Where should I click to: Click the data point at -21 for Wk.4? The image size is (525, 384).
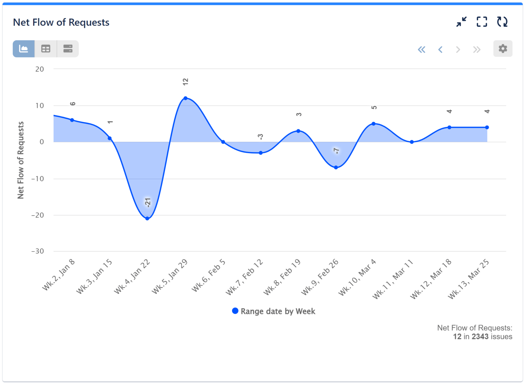(x=147, y=218)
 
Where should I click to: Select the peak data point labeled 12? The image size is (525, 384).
(x=185, y=98)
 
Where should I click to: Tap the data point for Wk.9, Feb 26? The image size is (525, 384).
(x=336, y=168)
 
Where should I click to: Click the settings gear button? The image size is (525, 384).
(x=503, y=49)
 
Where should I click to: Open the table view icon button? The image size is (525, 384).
(x=46, y=49)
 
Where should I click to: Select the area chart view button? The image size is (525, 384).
(x=24, y=49)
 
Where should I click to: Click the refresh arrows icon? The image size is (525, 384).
(x=502, y=22)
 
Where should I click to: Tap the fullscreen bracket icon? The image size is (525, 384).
(x=482, y=22)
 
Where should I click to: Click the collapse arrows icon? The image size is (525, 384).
(x=461, y=22)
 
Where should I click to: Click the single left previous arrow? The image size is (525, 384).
(x=440, y=50)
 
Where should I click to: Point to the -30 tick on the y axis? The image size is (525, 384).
(x=38, y=251)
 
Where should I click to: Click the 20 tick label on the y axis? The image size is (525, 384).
(x=40, y=69)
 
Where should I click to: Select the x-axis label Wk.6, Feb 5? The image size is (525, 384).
(x=209, y=275)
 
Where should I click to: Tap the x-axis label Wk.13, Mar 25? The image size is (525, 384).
(x=469, y=279)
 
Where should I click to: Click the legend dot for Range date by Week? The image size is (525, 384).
(x=235, y=311)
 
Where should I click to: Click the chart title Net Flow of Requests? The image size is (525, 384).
(x=61, y=22)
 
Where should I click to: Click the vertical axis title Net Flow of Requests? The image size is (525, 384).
(x=21, y=160)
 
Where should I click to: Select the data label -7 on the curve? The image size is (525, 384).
(x=336, y=151)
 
